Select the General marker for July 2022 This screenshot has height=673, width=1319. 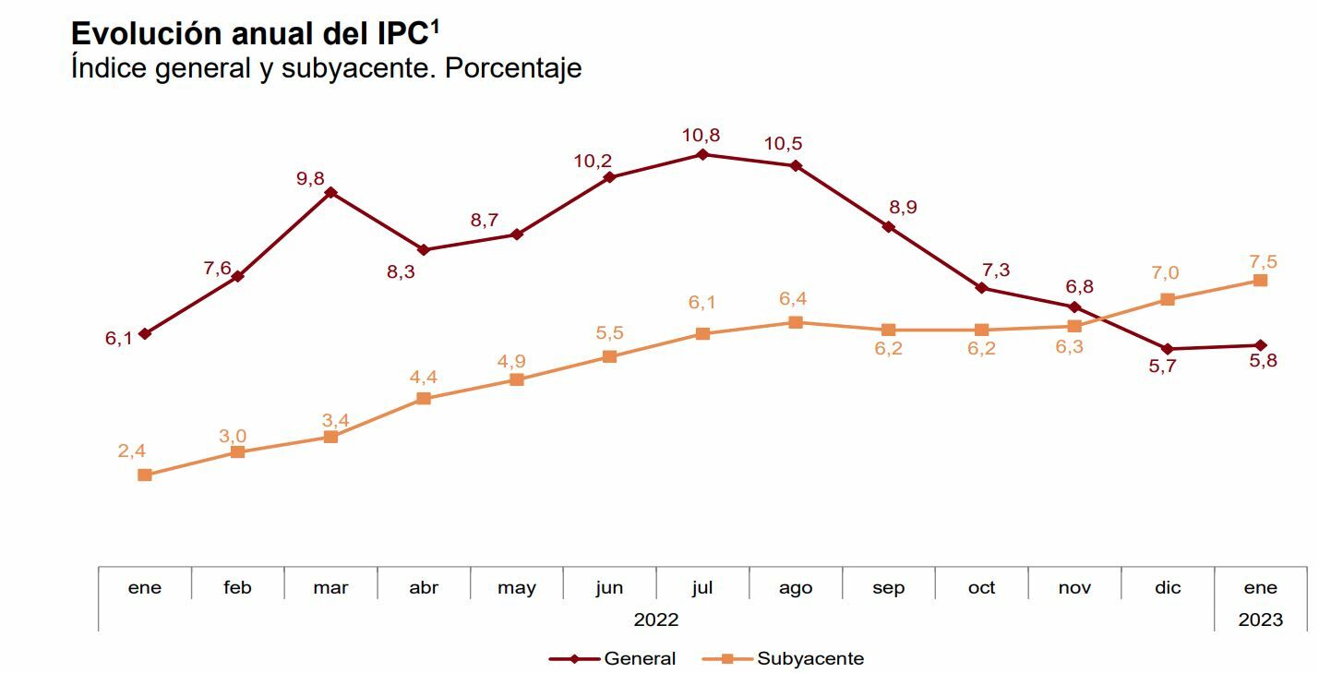click(702, 155)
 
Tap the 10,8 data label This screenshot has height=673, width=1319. click(701, 135)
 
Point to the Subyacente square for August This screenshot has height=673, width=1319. click(796, 322)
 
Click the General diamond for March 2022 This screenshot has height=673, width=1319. click(330, 193)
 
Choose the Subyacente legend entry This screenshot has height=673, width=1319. click(809, 658)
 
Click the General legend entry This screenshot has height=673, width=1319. click(639, 658)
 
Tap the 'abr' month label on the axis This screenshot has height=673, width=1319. click(424, 588)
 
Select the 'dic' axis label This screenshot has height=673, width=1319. click(1168, 588)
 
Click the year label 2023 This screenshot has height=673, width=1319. click(1261, 619)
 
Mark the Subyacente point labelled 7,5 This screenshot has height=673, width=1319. click(1261, 280)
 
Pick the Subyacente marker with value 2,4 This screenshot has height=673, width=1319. click(145, 475)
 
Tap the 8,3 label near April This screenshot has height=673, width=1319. click(401, 272)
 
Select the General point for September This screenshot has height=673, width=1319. click(889, 226)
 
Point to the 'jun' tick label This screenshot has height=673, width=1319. click(610, 588)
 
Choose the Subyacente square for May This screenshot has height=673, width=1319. click(517, 379)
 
